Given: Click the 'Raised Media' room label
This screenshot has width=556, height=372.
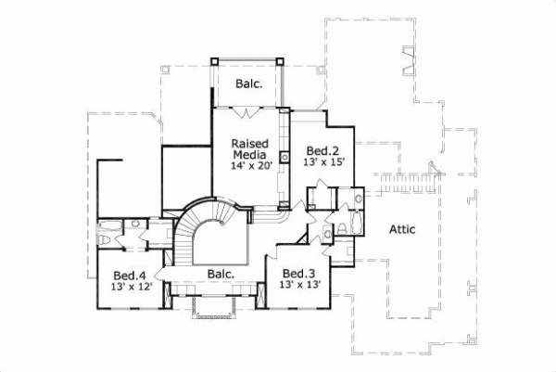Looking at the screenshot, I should pyautogui.click(x=249, y=149).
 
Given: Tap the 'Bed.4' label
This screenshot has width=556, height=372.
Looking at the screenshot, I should pyautogui.click(x=130, y=276).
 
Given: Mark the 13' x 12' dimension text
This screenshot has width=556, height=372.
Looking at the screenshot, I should pyautogui.click(x=130, y=287).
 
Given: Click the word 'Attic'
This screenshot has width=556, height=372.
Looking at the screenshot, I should pyautogui.click(x=401, y=228).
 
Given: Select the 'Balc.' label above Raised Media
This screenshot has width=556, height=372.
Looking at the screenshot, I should pyautogui.click(x=248, y=83).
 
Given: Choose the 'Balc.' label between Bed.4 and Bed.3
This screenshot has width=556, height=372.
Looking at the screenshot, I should pyautogui.click(x=220, y=274).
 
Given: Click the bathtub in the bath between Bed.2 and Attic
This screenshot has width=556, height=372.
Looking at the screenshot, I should pyautogui.click(x=359, y=199).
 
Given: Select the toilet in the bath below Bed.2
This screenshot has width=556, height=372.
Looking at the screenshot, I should pyautogui.click(x=340, y=228).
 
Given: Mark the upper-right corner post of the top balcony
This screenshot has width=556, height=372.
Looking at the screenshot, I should pyautogui.click(x=282, y=60).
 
